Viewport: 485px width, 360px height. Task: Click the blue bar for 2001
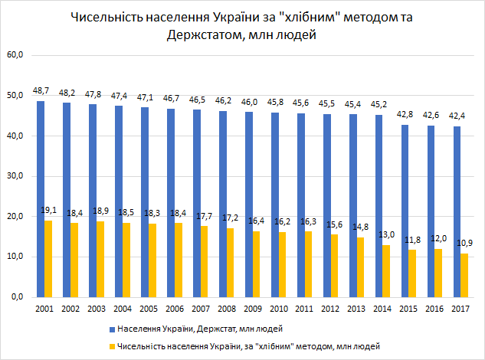point(40,198)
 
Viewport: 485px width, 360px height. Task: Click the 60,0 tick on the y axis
point(16,56)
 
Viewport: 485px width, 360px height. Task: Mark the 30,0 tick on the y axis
point(16,176)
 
